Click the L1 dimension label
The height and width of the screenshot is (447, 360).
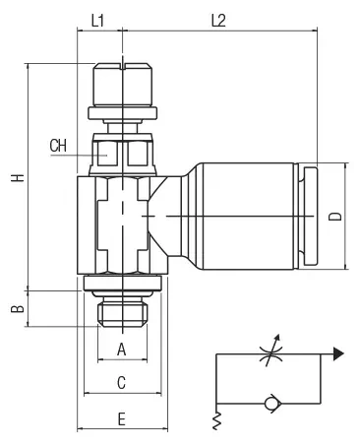pos(97,21)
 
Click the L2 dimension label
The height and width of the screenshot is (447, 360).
pos(218,21)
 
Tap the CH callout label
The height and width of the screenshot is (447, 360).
pos(58,146)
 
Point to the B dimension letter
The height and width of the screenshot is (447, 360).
pos(18,309)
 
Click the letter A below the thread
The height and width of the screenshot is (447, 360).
pos(122,350)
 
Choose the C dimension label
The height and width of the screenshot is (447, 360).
pos(122,383)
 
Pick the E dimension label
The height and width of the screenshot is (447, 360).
pos(122,419)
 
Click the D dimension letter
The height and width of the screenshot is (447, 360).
pos(335,217)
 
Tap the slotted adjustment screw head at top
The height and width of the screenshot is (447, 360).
pos(123,84)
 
